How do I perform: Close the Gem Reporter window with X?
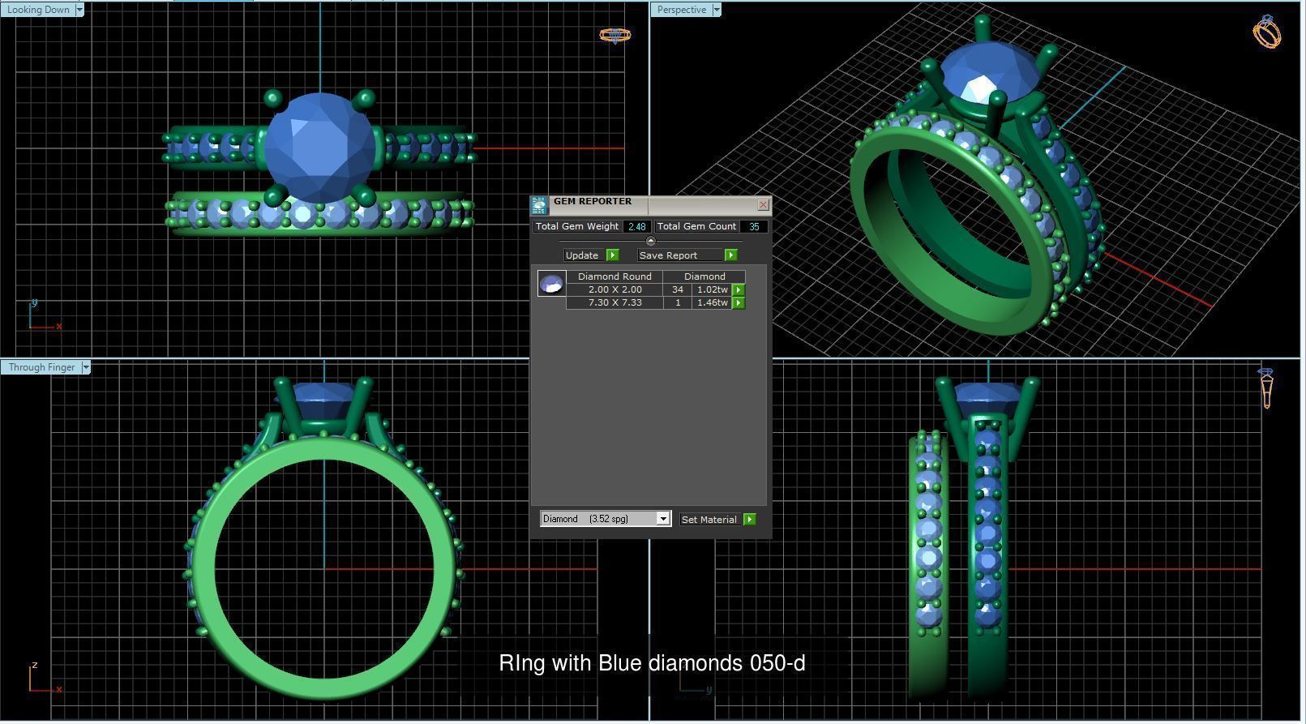tap(762, 205)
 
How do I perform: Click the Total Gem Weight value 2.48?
tap(636, 227)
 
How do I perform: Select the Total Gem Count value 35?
tap(753, 227)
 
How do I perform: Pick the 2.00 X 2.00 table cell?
tap(614, 289)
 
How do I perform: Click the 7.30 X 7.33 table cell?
tap(614, 302)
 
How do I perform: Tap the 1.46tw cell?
tap(712, 302)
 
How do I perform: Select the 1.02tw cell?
tap(712, 289)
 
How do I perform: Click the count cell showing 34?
tap(677, 289)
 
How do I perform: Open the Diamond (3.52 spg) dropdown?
tap(605, 519)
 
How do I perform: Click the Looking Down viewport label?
tap(38, 10)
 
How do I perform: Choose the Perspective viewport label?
tap(681, 10)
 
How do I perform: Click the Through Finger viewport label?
tap(41, 367)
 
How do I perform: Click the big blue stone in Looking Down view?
tap(320, 148)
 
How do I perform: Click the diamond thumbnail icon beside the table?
tap(551, 284)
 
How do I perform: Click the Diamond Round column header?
tap(614, 276)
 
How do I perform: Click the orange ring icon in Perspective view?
tap(1266, 32)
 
